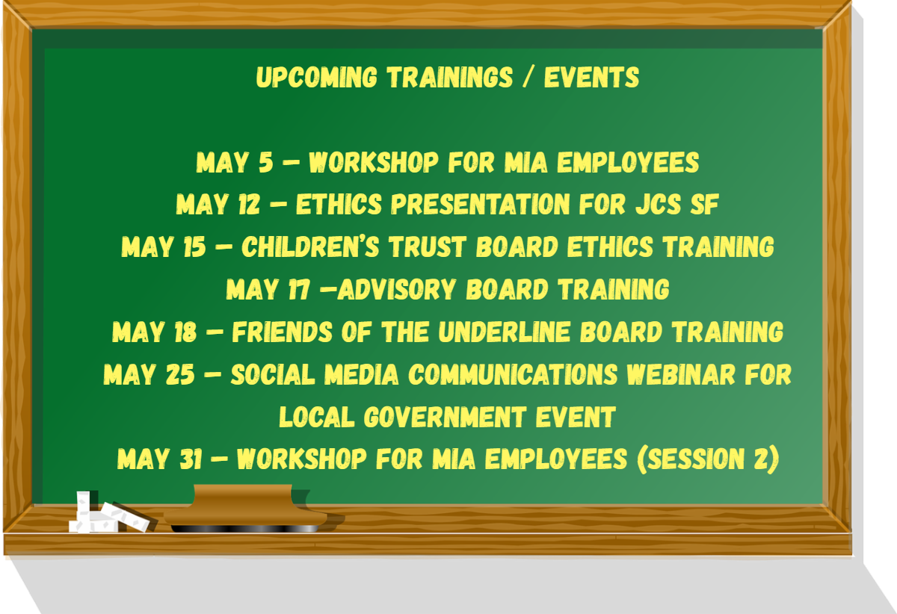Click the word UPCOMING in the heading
316,77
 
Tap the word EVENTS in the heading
591,77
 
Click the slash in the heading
528,77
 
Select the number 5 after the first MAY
265,163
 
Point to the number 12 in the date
249,204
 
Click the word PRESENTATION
480,204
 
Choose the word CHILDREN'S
310,246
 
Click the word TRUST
428,246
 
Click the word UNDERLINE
504,332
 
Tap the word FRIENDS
283,332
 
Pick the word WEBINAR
681,374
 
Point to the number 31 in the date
191,459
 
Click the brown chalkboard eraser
247,509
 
